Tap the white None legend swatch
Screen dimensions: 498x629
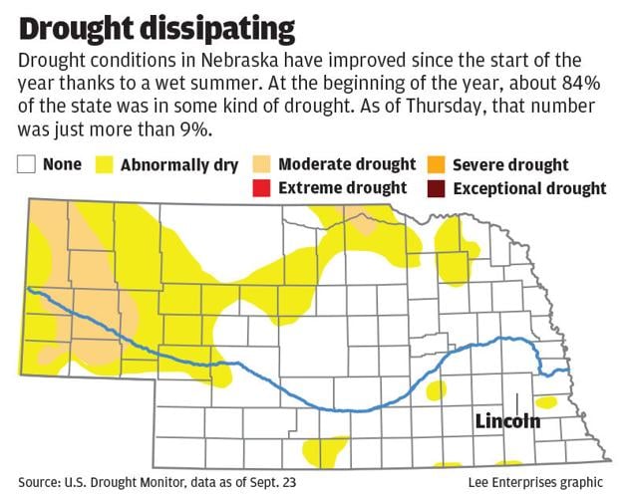[27, 165]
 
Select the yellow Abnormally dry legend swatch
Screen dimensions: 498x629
[105, 165]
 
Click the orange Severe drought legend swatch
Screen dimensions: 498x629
[435, 165]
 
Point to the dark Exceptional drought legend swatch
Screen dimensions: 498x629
[435, 188]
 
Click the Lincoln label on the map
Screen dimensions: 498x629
[507, 421]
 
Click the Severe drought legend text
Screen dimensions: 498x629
[510, 165]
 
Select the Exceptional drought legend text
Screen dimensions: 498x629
[529, 188]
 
